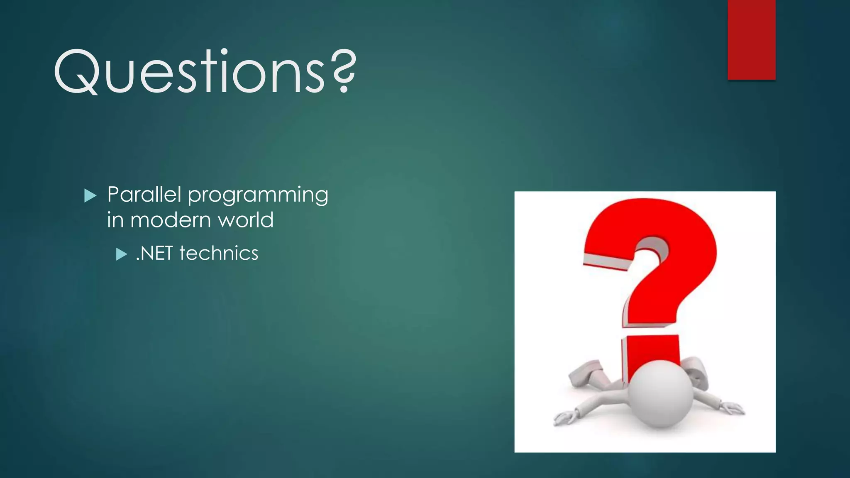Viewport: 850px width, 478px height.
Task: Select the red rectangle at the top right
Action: point(751,39)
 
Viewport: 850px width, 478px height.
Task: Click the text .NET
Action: point(154,253)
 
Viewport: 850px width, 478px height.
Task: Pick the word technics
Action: point(219,253)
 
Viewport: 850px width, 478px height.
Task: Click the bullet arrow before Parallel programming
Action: point(90,195)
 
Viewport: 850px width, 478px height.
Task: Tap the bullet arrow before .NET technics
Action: point(121,254)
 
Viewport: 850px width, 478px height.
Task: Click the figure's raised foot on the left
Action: point(585,371)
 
